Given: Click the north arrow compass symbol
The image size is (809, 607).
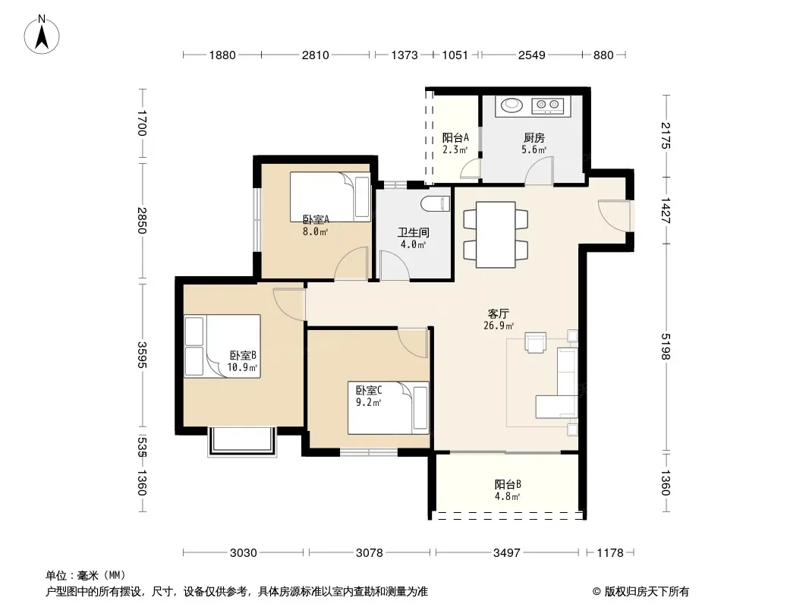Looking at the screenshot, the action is coord(42,35).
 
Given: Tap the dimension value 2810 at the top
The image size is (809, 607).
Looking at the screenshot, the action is coord(315,55).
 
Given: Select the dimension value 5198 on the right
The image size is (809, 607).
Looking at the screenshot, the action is coord(666,347).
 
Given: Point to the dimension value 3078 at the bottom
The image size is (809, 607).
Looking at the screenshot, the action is coord(370,553).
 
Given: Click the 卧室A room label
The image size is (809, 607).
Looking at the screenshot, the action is coord(316,220).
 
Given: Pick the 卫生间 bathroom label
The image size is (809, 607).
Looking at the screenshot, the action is coord(414,233).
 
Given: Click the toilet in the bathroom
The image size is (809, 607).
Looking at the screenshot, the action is coord(436,204).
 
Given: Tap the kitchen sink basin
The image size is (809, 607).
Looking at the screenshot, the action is coord(512,105).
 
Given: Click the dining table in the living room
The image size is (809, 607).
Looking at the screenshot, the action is coord(496,234).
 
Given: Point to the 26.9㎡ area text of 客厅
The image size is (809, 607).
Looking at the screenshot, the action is coord(499,326).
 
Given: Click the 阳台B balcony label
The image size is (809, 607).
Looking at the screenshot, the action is coord(508,484).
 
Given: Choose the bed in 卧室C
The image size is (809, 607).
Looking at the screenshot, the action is coord(389,407).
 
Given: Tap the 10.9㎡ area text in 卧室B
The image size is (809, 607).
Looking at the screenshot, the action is coord(242,368).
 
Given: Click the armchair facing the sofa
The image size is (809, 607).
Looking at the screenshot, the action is coord(536,342).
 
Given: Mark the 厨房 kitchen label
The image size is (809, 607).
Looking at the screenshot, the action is coord(534,137).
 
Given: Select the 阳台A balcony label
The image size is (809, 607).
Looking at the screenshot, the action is coord(455,137).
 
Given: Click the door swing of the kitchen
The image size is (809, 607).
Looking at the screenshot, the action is coord(539,171).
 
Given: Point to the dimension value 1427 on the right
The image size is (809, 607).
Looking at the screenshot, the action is coord(666,210).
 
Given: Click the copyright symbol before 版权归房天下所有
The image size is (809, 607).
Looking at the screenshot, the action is coord(597,592).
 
